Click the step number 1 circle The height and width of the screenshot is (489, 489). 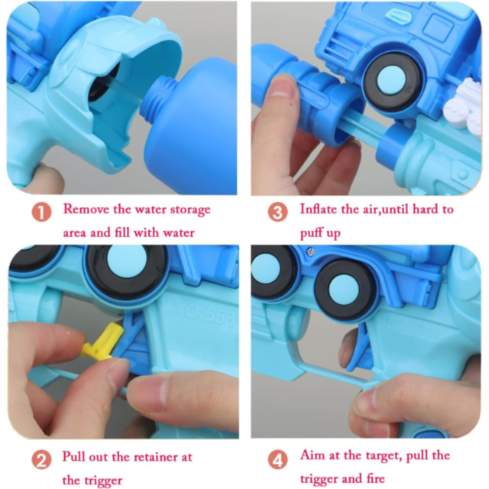(41, 212)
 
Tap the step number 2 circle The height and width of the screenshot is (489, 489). (41, 460)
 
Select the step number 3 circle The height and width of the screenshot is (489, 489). (277, 212)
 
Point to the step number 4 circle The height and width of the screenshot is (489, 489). (277, 460)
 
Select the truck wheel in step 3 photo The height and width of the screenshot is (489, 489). (391, 81)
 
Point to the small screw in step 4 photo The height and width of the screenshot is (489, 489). (310, 251)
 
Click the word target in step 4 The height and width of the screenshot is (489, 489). (384, 456)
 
